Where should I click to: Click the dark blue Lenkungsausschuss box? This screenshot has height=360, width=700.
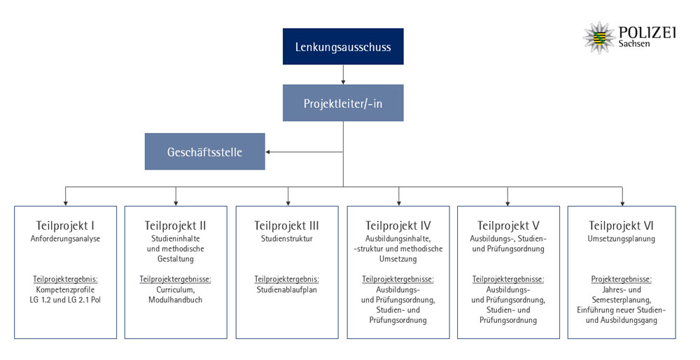[343, 46]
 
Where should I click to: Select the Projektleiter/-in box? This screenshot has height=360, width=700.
[343, 103]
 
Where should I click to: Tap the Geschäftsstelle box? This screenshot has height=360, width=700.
[204, 151]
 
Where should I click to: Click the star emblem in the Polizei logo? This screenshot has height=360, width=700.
[599, 38]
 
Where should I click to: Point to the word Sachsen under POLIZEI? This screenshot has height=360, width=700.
[634, 43]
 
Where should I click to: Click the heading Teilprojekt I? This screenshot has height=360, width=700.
[65, 226]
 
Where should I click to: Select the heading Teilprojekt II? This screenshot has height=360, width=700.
[176, 226]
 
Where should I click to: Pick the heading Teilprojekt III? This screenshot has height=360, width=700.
[286, 226]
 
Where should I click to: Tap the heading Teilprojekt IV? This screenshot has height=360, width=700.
[398, 226]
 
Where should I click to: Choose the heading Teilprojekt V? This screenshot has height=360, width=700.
[508, 226]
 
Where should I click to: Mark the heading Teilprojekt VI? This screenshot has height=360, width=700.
[621, 226]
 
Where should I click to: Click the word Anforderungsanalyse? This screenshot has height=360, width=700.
[65, 239]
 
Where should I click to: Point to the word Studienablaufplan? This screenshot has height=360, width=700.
[286, 290]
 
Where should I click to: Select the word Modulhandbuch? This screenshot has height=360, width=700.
[176, 300]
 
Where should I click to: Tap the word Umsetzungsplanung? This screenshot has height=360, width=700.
[621, 239]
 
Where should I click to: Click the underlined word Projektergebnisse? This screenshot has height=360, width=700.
[621, 279]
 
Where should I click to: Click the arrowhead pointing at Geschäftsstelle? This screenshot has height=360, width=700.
[268, 152]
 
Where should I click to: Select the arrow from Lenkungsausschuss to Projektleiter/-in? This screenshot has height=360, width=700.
[343, 74]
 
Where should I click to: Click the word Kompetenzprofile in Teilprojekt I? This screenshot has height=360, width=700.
[65, 290]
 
